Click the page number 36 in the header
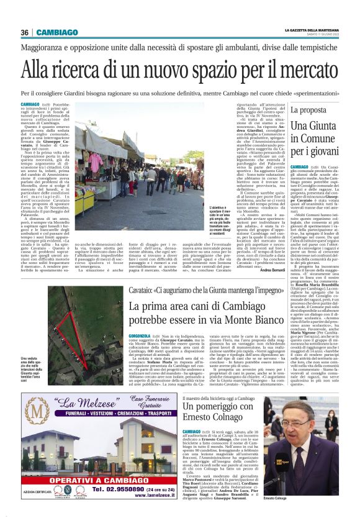[x=25, y=32]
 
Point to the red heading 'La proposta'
[x=307, y=111]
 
